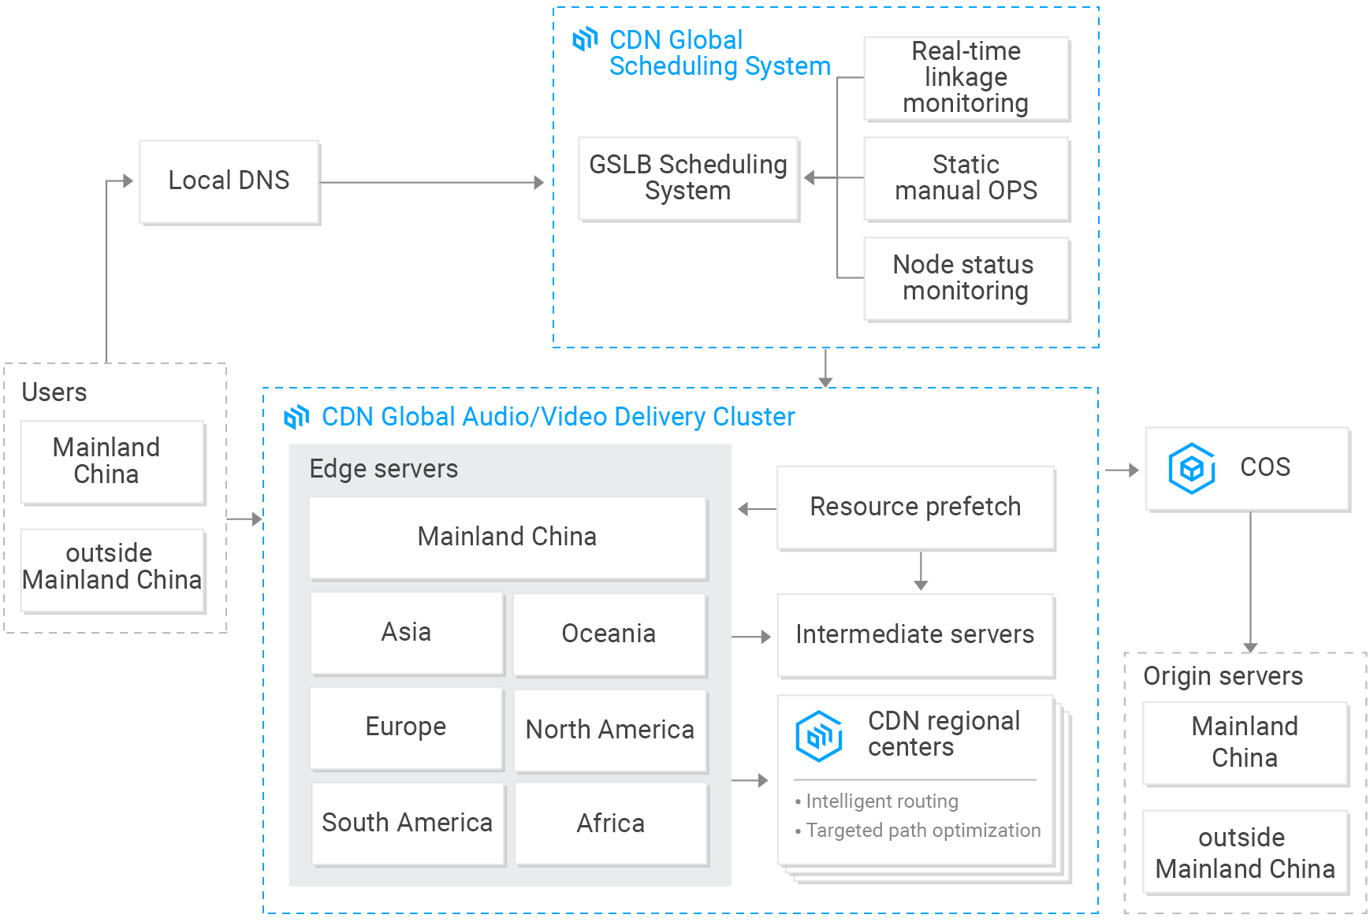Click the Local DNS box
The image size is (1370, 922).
tap(229, 181)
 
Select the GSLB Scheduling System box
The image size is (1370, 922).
tap(688, 178)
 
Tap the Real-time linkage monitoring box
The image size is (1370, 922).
tap(966, 78)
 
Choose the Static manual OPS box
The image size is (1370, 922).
tap(966, 178)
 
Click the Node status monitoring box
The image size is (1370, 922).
tap(966, 278)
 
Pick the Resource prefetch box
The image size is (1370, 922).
tap(915, 507)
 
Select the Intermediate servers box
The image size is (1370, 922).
tap(915, 634)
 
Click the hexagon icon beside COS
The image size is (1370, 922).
tap(1191, 468)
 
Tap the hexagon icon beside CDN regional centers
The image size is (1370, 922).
tap(819, 735)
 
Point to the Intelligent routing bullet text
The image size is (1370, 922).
tap(881, 801)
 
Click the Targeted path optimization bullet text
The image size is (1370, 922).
tap(922, 831)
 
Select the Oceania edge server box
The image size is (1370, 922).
tap(609, 634)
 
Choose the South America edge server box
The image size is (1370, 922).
tap(407, 823)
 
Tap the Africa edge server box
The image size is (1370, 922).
tap(611, 823)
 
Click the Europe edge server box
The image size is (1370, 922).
tap(406, 727)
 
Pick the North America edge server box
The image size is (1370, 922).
tap(610, 730)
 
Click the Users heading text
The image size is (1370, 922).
tap(54, 392)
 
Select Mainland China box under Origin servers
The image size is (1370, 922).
tap(1244, 742)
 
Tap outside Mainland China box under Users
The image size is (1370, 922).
tap(111, 567)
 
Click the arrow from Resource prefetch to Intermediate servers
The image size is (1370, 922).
tap(921, 571)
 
